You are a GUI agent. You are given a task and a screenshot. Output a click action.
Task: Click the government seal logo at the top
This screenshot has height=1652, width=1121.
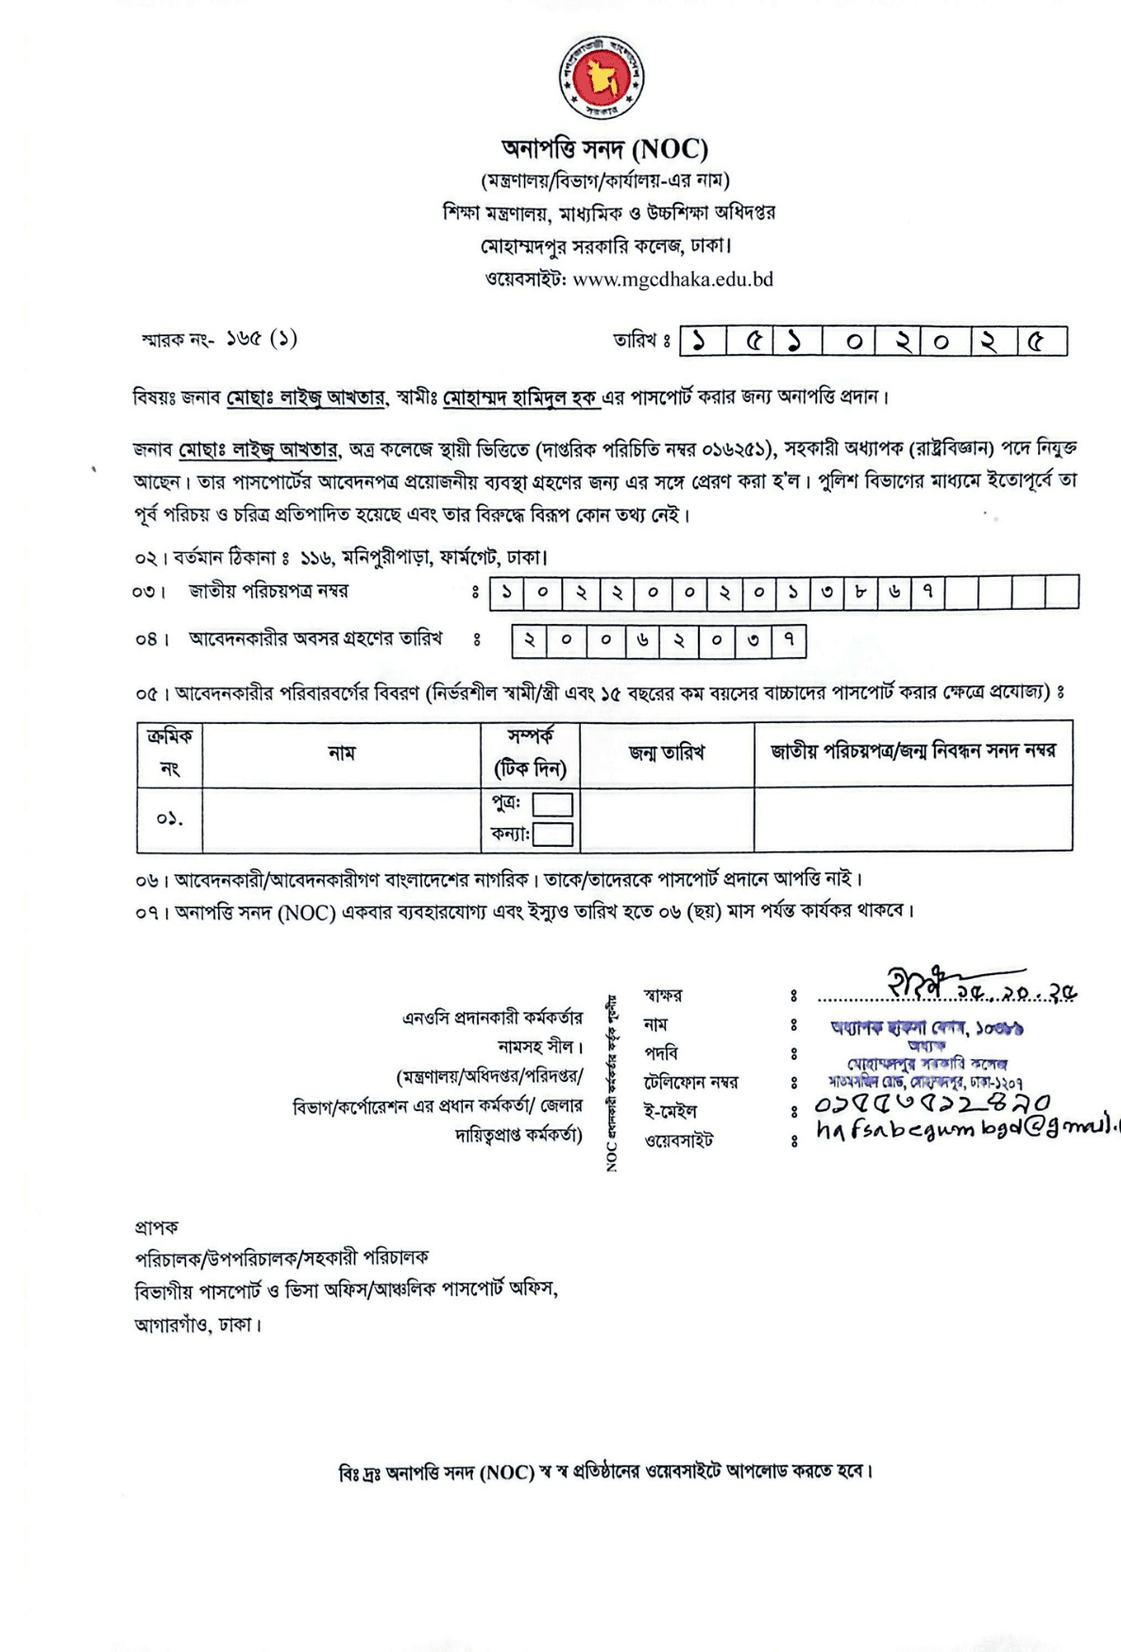(602, 79)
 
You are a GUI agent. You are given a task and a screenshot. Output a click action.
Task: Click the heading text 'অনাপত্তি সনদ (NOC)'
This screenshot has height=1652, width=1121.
(604, 149)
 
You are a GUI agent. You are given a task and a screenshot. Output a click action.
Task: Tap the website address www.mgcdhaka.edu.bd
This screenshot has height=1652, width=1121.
(672, 278)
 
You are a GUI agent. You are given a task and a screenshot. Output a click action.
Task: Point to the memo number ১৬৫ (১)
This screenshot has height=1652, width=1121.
(261, 338)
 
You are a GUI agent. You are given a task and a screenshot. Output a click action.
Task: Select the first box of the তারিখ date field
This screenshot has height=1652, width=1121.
(701, 341)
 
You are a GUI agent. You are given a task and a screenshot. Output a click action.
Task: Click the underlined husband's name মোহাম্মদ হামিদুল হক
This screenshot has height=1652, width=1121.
(520, 398)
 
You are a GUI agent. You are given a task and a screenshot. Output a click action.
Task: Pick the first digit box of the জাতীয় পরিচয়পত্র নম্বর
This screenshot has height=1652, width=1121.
(507, 592)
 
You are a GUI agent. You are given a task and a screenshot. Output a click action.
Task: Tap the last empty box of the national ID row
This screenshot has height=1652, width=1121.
(1062, 592)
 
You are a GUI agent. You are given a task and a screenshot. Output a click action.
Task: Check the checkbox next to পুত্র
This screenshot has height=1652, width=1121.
(552, 804)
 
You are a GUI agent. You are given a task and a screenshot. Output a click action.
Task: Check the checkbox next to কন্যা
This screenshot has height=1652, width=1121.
(553, 834)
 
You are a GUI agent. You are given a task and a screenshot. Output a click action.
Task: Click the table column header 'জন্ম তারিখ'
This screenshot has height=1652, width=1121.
(667, 753)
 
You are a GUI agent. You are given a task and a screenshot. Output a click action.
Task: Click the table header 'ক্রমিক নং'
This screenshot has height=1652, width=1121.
(170, 752)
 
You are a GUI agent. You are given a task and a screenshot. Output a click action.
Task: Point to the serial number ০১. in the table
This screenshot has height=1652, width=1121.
(170, 818)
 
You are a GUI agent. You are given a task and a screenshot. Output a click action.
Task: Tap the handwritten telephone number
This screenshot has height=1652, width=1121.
(931, 1103)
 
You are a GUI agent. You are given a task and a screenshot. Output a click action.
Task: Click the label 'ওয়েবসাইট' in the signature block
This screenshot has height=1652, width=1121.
(678, 1140)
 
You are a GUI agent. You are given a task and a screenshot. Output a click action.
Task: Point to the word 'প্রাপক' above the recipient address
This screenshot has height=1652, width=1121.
(156, 1228)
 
